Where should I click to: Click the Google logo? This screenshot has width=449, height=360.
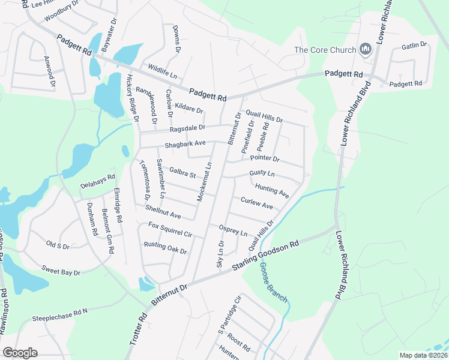(x=20, y=353)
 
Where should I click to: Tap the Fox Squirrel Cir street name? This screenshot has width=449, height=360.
(x=170, y=229)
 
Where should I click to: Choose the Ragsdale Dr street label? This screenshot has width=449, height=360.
(x=187, y=128)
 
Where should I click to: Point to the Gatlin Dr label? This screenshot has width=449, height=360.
(x=414, y=45)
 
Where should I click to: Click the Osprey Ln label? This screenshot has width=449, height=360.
(x=234, y=230)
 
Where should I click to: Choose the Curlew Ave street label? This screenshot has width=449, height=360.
(x=256, y=203)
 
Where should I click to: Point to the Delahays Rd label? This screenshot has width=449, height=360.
(x=97, y=182)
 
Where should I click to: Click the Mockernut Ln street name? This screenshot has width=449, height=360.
(x=205, y=181)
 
